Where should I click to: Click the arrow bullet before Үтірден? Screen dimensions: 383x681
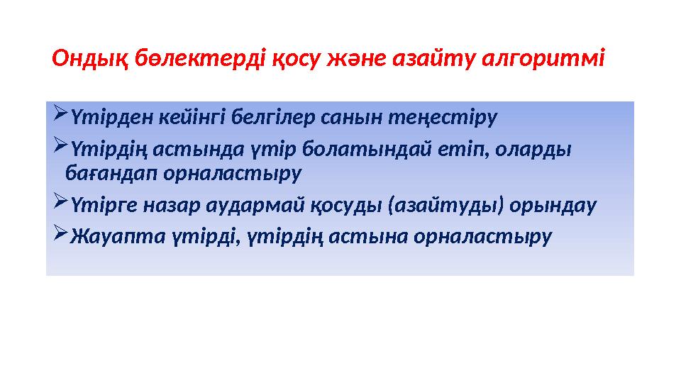coord(60,114)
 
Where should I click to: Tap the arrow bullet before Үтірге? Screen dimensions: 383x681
coord(60,204)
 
